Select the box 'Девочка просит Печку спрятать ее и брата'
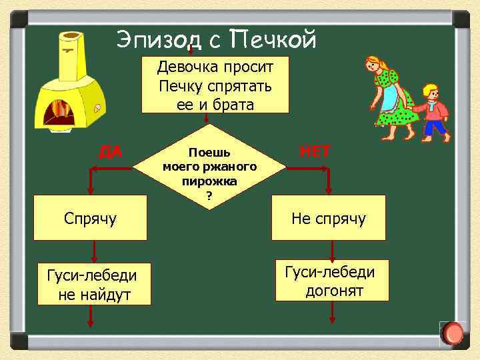[215, 85]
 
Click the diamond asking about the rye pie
[211, 167]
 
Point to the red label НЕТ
[315, 151]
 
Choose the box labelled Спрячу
[90, 217]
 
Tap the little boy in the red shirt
[433, 112]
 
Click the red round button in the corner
[453, 333]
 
